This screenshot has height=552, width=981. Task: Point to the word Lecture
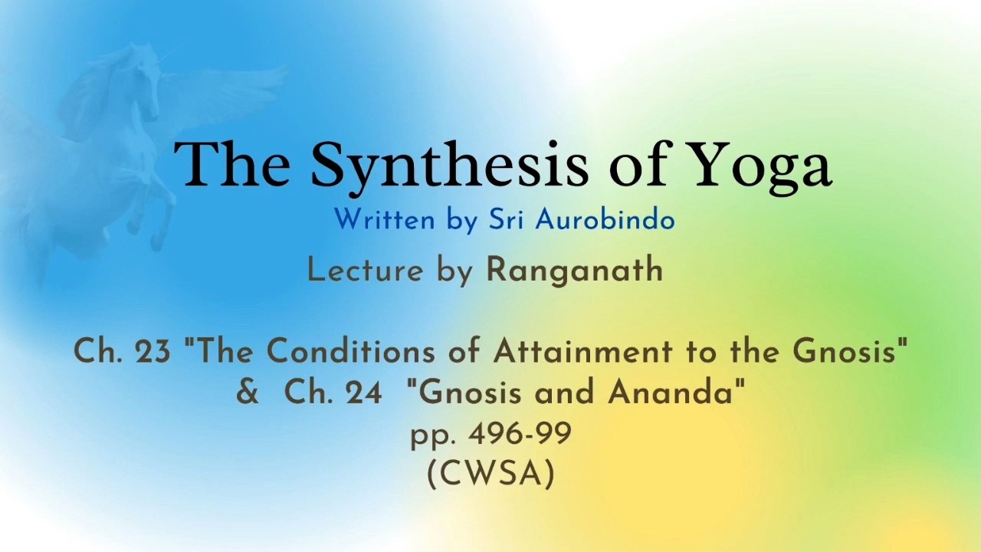(x=366, y=270)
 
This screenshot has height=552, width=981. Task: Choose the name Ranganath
(x=575, y=271)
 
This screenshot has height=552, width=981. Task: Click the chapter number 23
(x=153, y=351)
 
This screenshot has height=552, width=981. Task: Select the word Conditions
(x=351, y=351)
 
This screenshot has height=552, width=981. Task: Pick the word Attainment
(x=583, y=351)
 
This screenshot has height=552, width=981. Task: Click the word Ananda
(x=670, y=392)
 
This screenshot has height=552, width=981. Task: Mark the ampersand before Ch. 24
(x=248, y=393)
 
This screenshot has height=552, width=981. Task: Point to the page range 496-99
(x=520, y=434)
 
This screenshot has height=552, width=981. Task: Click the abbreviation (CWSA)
(x=491, y=475)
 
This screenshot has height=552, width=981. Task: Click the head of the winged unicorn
(x=146, y=84)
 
